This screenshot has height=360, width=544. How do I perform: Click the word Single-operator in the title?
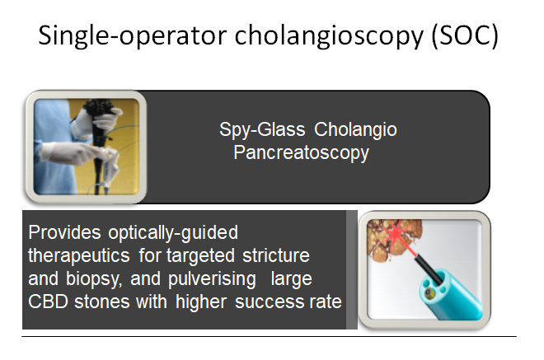132,35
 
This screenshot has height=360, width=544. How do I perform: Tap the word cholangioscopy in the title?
329,35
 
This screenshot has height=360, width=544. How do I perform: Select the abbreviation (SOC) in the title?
465,35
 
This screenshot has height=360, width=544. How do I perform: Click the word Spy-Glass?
262,129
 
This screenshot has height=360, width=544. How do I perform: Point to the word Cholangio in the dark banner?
355,129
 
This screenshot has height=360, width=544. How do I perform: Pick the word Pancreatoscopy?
301,153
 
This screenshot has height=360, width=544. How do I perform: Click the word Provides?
64,232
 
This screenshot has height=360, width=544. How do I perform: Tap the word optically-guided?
173,233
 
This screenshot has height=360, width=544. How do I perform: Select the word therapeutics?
79,256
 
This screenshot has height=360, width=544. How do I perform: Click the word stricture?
276,255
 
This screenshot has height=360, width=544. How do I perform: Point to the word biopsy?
94,279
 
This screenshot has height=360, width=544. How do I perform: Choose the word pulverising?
213,279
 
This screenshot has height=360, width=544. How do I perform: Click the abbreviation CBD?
49,302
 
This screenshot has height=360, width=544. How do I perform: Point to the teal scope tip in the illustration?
449,295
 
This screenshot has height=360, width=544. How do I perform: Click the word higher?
201,302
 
